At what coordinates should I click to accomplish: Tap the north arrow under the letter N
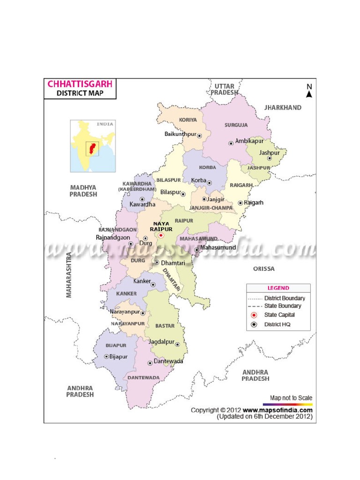pyautogui.click(x=309, y=94)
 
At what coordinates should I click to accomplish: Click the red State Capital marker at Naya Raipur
pyautogui.click(x=160, y=235)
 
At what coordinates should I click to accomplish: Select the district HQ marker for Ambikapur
pyautogui.click(x=231, y=143)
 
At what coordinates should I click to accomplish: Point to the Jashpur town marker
pyautogui.click(x=269, y=158)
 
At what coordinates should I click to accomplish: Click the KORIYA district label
pyautogui.click(x=188, y=120)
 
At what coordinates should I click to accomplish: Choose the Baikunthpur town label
pyautogui.click(x=180, y=135)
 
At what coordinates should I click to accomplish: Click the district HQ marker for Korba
pyautogui.click(x=209, y=183)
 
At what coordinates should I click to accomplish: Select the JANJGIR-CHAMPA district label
pyautogui.click(x=210, y=208)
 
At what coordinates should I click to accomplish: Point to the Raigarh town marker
pyautogui.click(x=240, y=203)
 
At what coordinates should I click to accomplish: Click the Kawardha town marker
pyautogui.click(x=142, y=199)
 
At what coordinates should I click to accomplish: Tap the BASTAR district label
pyautogui.click(x=165, y=325)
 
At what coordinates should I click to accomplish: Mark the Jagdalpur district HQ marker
pyautogui.click(x=177, y=344)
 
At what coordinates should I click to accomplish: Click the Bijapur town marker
pyautogui.click(x=106, y=357)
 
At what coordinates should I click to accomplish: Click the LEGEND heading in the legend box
pyautogui.click(x=278, y=288)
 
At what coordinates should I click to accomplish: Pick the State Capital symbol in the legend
pyautogui.click(x=254, y=315)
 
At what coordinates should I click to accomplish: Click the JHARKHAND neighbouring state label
pyautogui.click(x=283, y=107)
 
